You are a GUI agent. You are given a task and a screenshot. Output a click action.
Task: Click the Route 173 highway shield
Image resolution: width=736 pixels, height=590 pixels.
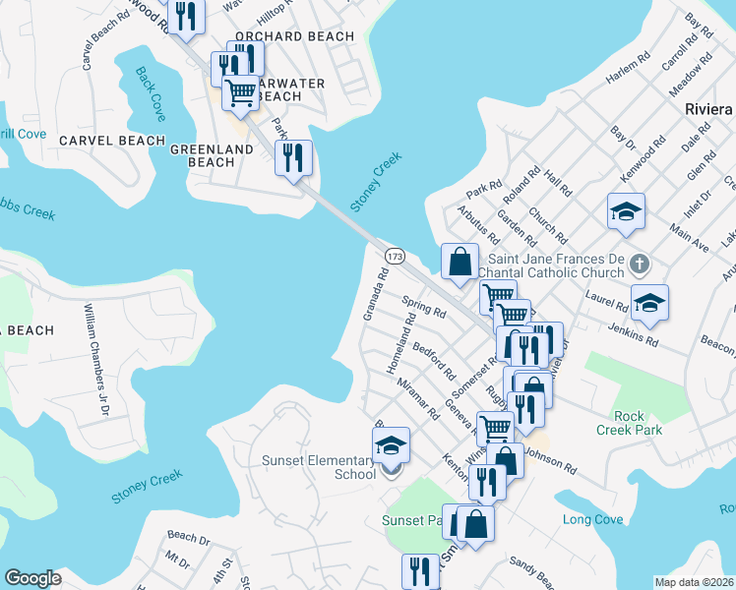(x=395, y=256)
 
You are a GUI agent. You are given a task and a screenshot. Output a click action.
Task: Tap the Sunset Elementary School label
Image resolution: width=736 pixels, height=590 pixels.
(x=320, y=467)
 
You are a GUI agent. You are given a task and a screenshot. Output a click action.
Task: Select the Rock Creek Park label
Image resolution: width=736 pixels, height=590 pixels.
(x=629, y=423)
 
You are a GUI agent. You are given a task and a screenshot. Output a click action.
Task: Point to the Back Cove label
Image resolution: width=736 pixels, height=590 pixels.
(x=151, y=94)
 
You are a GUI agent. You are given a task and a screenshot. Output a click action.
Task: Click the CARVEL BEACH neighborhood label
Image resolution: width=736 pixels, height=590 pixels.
(x=112, y=141)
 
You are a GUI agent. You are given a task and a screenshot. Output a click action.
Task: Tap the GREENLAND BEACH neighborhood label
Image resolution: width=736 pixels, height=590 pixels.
(x=212, y=155)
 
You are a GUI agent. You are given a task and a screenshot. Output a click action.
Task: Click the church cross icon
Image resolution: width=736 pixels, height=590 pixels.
(x=639, y=263)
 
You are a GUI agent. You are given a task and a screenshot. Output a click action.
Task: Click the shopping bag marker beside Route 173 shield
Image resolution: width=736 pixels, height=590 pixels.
(x=460, y=263)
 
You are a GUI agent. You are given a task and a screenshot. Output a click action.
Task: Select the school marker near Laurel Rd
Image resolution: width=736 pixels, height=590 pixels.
(x=649, y=303)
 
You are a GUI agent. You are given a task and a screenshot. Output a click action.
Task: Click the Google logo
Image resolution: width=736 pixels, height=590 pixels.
(x=32, y=578)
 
